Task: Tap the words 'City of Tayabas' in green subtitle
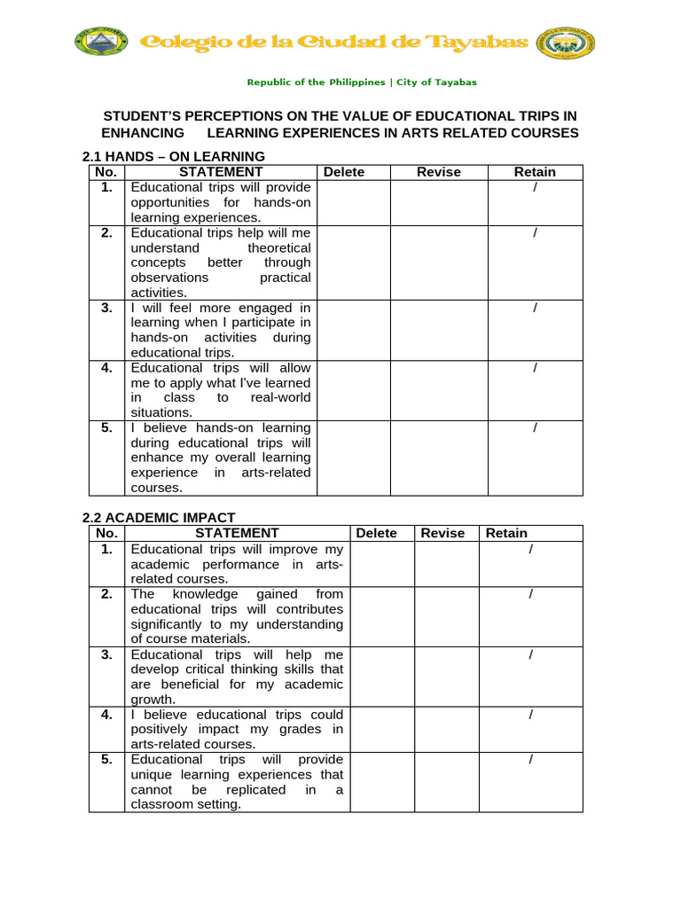click(x=436, y=82)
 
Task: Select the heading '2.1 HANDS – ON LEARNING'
click(x=173, y=157)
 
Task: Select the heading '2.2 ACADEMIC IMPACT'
click(x=159, y=518)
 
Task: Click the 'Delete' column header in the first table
click(x=344, y=172)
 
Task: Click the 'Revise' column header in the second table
click(x=442, y=533)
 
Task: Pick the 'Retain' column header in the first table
click(x=535, y=172)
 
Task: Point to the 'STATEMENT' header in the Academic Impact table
click(x=237, y=533)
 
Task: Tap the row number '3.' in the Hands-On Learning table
click(x=106, y=308)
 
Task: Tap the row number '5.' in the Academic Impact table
click(x=106, y=760)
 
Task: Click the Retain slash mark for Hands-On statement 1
click(x=535, y=188)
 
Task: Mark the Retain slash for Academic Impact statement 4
click(x=530, y=715)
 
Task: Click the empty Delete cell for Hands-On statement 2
click(x=353, y=262)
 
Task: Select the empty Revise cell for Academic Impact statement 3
click(x=447, y=677)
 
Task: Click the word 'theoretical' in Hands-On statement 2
click(x=279, y=247)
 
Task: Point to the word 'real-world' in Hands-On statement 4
click(x=281, y=398)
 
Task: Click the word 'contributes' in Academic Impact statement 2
click(x=309, y=609)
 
